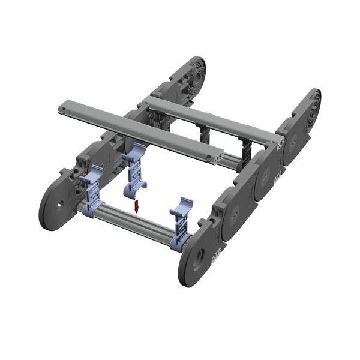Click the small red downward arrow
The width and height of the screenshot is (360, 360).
point(137,207)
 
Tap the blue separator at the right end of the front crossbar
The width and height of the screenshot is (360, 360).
point(181,226)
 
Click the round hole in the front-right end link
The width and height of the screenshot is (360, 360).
point(197,257)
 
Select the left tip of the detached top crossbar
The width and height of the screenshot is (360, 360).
point(62,109)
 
